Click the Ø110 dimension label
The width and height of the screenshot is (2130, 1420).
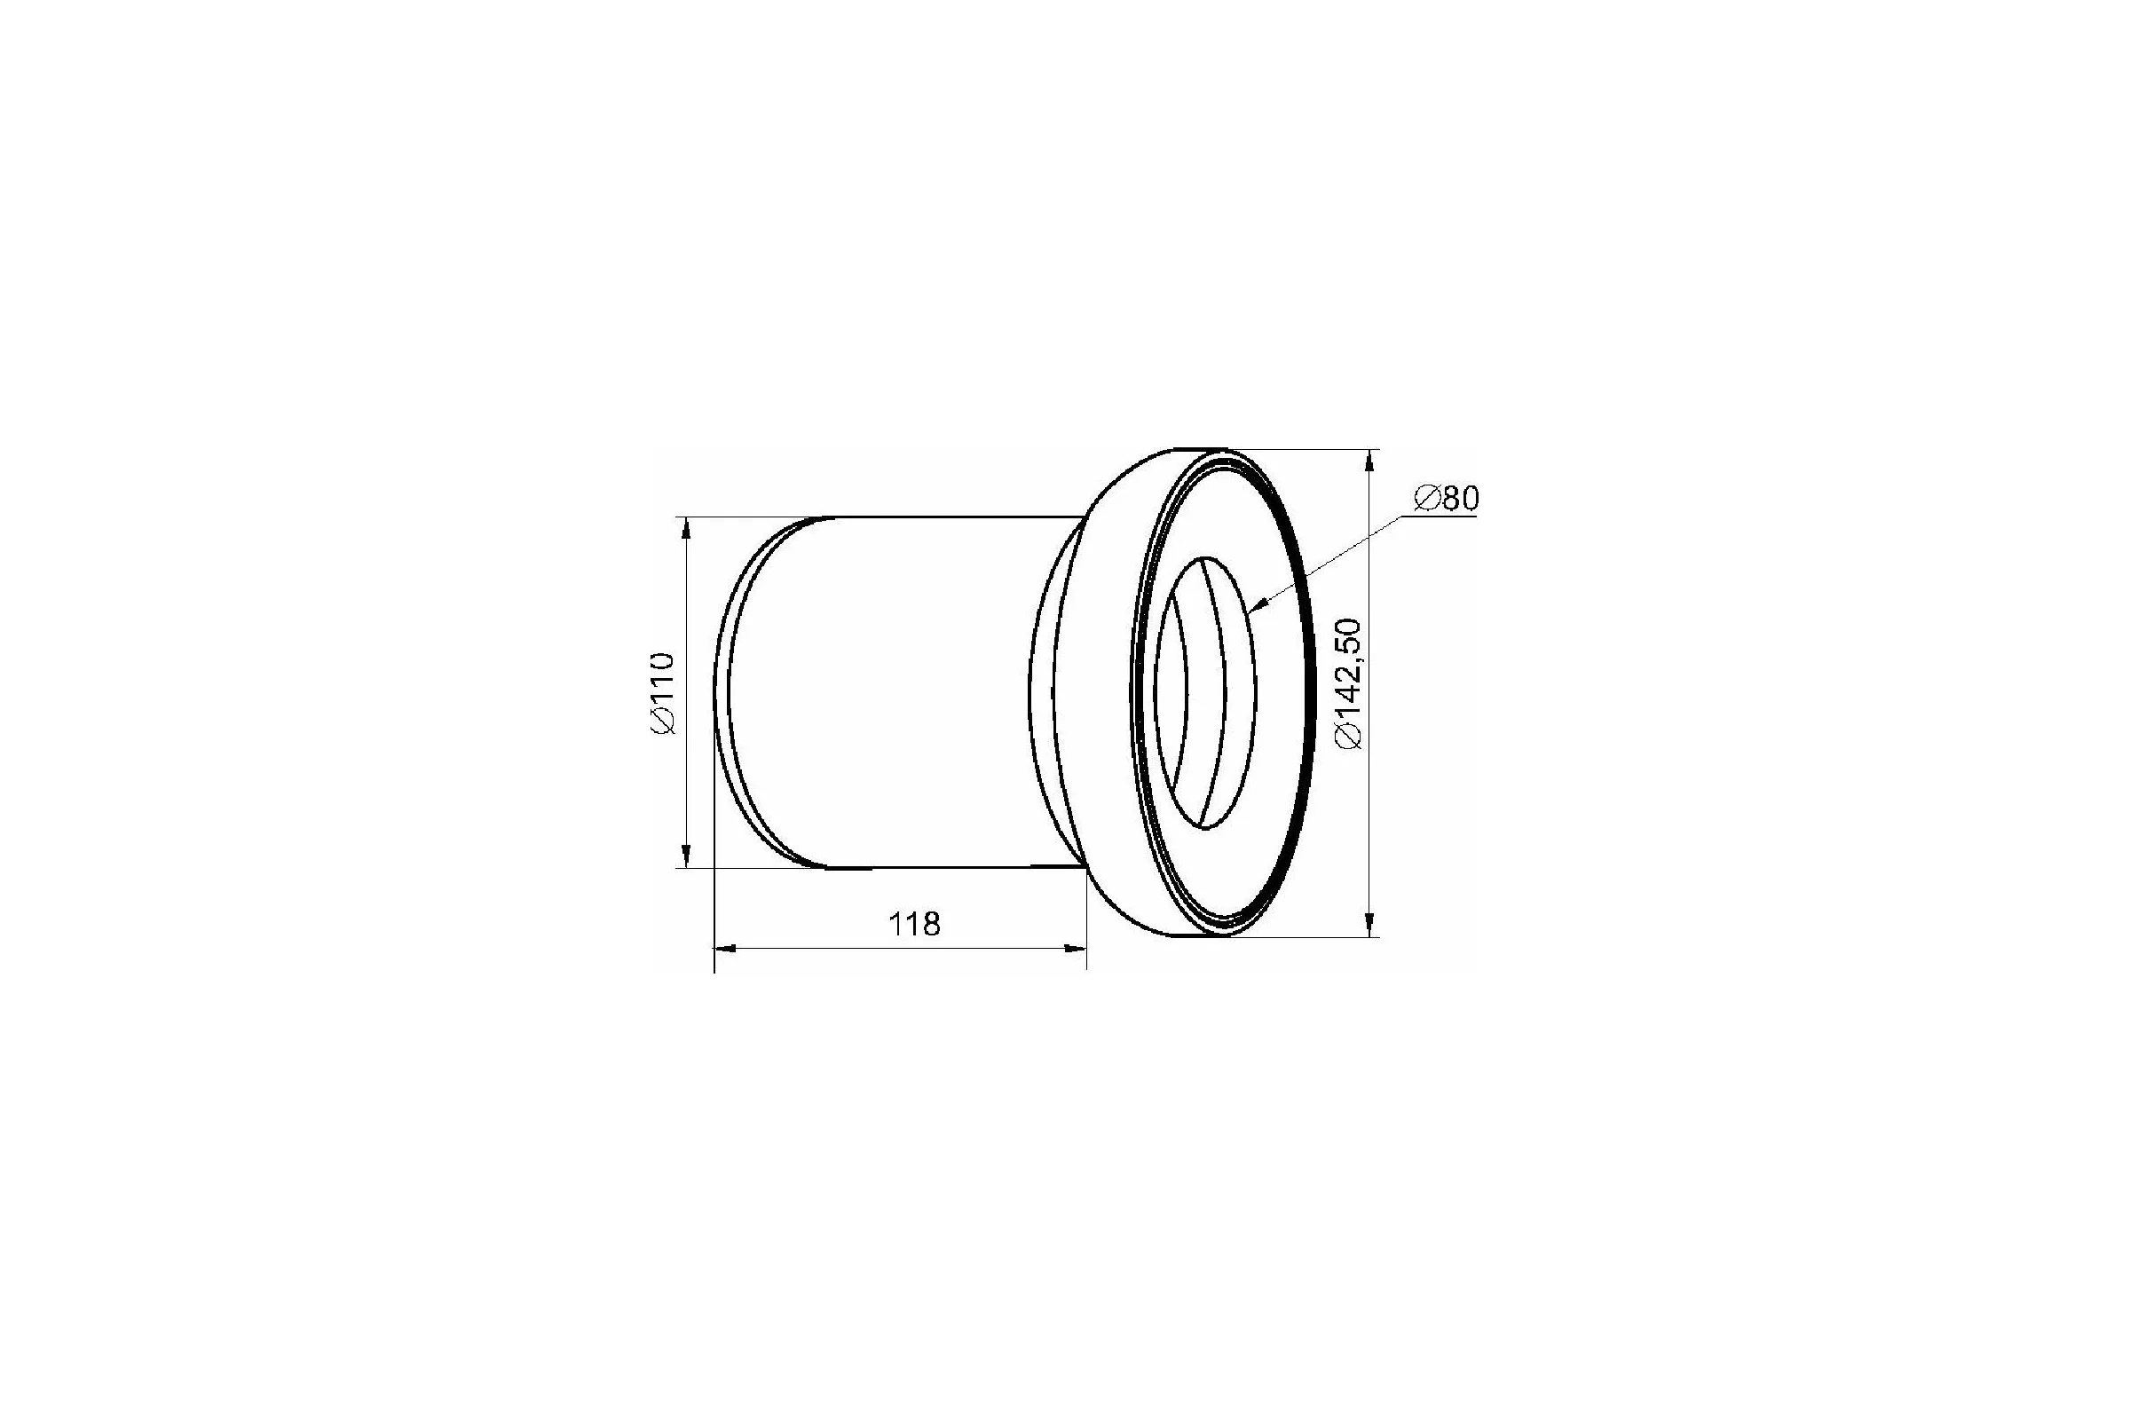tap(663, 693)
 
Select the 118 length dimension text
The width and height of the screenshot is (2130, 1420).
tap(915, 925)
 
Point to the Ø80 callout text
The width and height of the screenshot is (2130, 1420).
tap(1447, 499)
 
